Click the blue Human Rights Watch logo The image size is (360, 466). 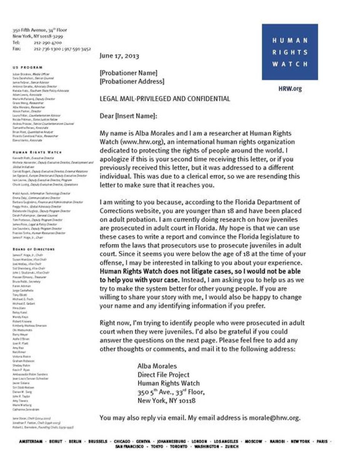click(x=290, y=52)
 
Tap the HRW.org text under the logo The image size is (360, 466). click(x=290, y=89)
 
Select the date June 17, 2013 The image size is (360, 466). click(x=119, y=56)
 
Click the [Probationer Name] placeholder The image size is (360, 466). click(x=128, y=73)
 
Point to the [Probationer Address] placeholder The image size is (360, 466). click(x=132, y=81)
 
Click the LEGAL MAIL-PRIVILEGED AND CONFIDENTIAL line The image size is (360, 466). click(x=165, y=99)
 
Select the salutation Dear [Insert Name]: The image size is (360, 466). click(x=128, y=116)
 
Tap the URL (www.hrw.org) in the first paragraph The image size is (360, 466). click(x=137, y=142)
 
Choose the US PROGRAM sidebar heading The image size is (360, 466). click(x=27, y=67)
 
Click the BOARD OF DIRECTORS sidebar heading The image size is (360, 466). click(x=33, y=249)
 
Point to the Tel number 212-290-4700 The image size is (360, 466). click(x=48, y=43)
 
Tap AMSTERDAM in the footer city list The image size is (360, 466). click(x=31, y=441)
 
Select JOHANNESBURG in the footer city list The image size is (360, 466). click(x=171, y=441)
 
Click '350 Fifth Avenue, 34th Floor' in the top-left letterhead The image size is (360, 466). click(x=40, y=30)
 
